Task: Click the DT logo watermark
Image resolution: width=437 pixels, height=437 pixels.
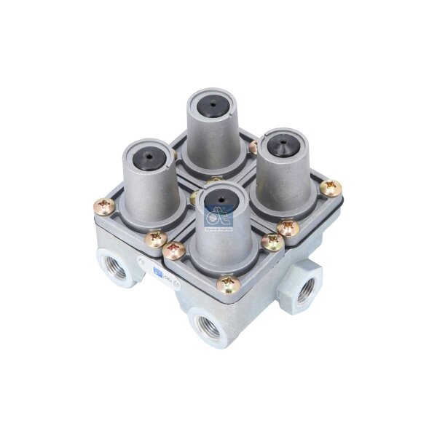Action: [x=213, y=216]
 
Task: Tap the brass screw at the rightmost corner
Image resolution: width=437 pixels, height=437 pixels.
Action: [x=333, y=188]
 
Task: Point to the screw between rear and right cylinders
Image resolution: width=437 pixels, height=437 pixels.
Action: [x=252, y=148]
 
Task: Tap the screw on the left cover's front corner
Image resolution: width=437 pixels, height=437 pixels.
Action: [x=155, y=238]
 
